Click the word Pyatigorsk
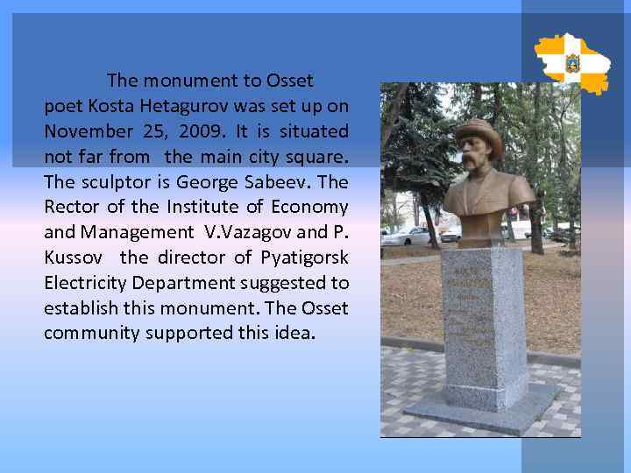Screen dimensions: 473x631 297,258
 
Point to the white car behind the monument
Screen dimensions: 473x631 407,236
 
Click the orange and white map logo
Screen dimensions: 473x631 572,63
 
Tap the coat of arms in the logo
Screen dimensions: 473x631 573,63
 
